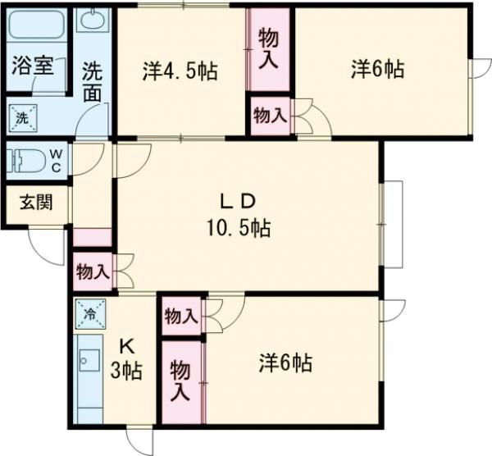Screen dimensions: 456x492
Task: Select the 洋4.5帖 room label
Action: click(x=180, y=71)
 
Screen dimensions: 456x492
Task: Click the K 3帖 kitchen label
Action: click(x=126, y=359)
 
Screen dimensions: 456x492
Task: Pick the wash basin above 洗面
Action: click(x=93, y=20)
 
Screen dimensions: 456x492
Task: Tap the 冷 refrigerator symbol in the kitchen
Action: click(x=89, y=312)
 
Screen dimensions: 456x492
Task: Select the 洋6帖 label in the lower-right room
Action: click(x=285, y=362)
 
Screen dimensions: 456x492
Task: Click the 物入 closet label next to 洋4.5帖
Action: click(x=268, y=48)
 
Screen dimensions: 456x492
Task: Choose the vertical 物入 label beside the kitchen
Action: click(x=180, y=380)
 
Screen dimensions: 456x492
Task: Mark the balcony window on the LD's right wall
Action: click(x=393, y=223)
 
